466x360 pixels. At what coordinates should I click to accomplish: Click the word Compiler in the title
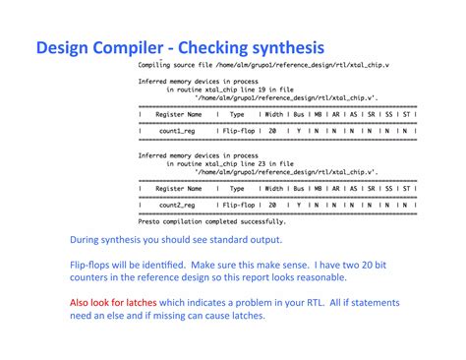(131, 47)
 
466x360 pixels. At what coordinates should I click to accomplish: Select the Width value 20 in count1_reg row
(270, 130)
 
